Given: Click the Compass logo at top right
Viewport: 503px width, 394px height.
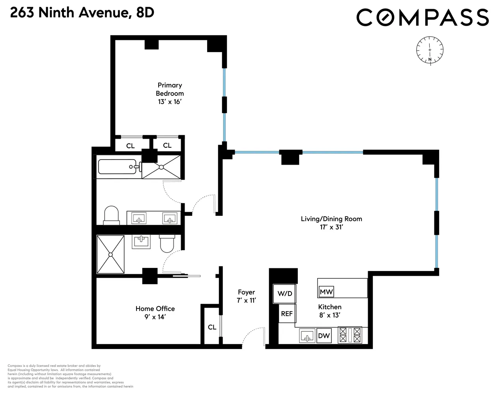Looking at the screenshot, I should tap(423, 17).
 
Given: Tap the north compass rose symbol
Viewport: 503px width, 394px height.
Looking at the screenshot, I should tap(430, 50).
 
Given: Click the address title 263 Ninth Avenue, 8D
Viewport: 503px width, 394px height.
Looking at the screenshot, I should tap(82, 13).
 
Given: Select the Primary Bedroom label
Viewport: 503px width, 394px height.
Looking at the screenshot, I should tap(170, 93).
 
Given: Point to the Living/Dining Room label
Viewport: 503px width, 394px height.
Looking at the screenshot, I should tap(331, 223).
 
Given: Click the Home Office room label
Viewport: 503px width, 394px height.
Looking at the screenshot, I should tap(155, 312).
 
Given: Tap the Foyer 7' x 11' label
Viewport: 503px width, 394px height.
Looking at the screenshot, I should tap(247, 296).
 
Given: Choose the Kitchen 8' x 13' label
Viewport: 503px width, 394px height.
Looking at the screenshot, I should tap(330, 310).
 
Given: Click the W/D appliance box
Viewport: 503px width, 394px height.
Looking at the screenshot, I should tap(284, 294).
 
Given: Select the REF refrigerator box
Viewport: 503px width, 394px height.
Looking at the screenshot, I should tap(287, 314).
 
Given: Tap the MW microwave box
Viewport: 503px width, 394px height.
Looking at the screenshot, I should tap(326, 292).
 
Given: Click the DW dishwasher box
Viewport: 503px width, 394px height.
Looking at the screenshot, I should tap(324, 336).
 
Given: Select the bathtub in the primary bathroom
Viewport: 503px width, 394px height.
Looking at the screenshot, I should tap(118, 167).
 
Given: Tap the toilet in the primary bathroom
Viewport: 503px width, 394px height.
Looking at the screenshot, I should tap(111, 215).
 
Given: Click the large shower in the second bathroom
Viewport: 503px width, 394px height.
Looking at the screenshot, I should tap(111, 255).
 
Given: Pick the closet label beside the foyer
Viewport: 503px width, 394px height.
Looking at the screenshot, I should tap(212, 327).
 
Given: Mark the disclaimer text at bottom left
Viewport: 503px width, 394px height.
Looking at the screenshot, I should tap(70, 376).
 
